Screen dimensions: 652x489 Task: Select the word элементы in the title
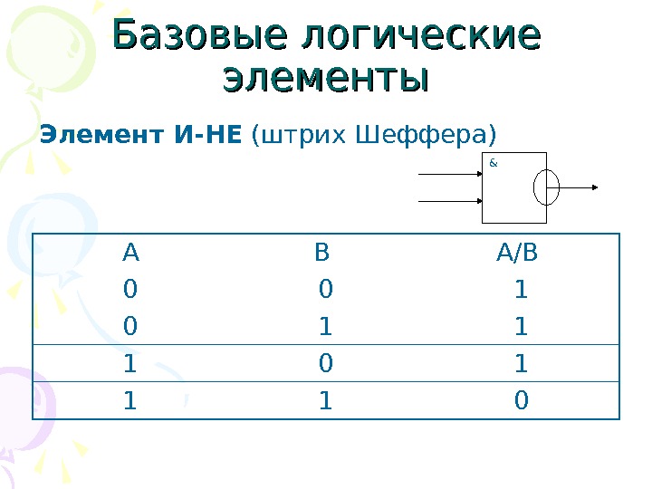coord(325,78)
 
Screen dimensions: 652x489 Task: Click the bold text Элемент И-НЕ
coord(140,136)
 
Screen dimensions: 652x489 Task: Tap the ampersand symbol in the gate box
coord(493,163)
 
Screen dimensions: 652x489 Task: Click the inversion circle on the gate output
coord(547,187)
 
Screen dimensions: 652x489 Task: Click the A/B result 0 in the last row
coord(521,400)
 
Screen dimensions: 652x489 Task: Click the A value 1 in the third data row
coord(130,364)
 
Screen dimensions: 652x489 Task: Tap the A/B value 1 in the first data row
coord(521,290)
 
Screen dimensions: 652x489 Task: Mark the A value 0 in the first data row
coord(130,290)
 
